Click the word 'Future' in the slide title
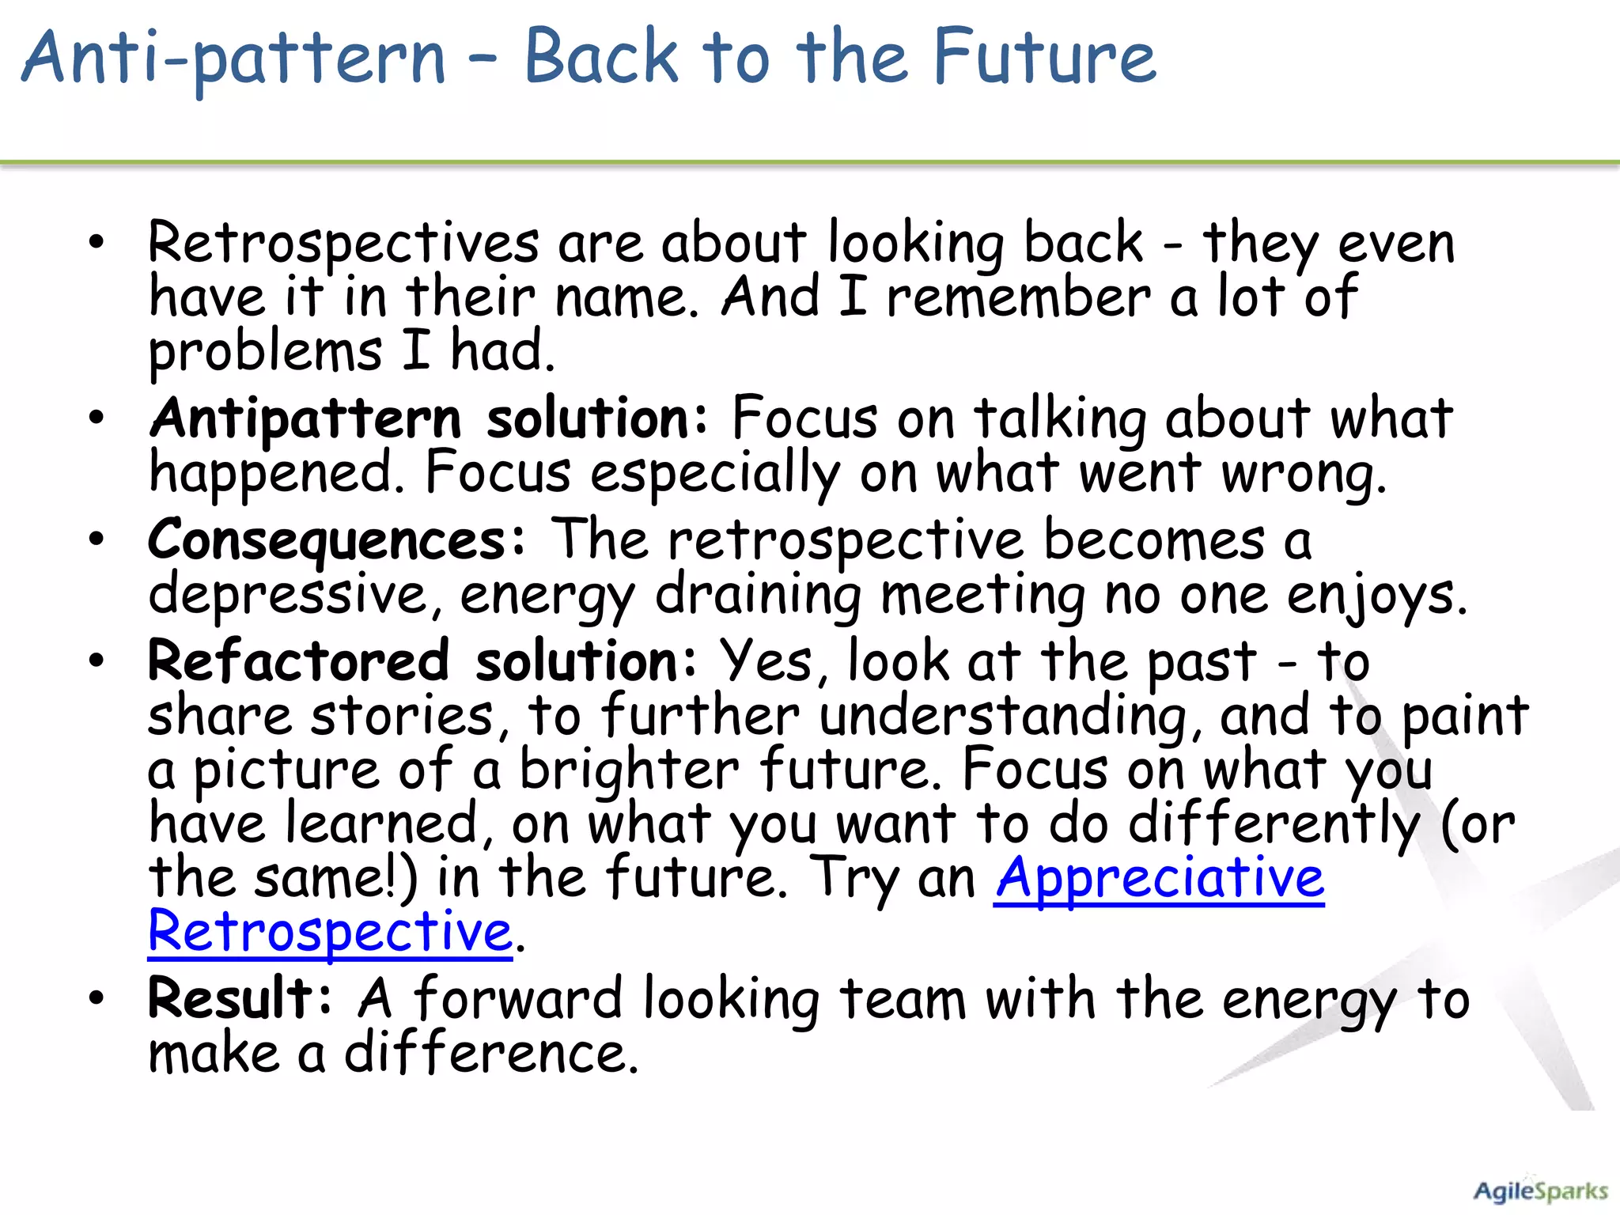tap(1044, 57)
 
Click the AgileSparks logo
tap(1539, 1191)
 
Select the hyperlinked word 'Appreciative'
tap(1159, 878)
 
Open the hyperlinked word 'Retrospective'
tap(330, 932)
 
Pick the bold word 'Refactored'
tap(298, 661)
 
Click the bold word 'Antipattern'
tap(305, 419)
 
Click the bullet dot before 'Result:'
tap(97, 998)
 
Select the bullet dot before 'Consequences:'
tap(97, 541)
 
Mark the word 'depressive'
tap(288, 595)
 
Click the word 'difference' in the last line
tap(490, 1054)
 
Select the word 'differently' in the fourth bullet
tap(1274, 824)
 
